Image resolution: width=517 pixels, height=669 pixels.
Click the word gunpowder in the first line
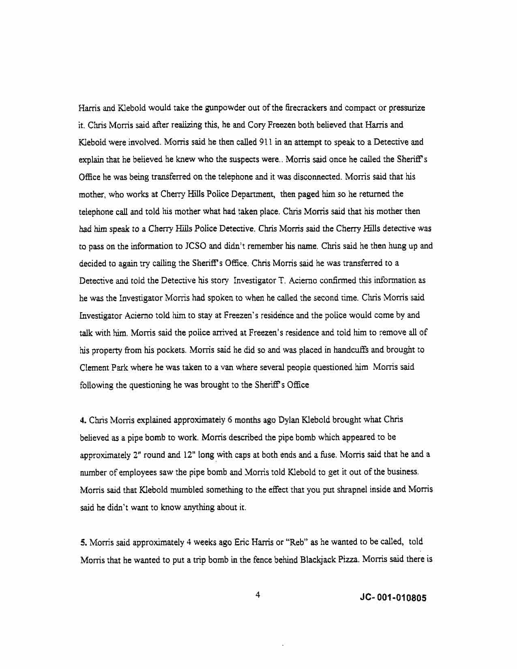click(223, 108)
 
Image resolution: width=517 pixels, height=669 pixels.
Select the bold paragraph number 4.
click(82, 420)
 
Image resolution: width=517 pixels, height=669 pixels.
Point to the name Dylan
click(288, 420)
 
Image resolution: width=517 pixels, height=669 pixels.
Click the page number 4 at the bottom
click(257, 595)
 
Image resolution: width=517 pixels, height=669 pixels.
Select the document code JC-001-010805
click(393, 598)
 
